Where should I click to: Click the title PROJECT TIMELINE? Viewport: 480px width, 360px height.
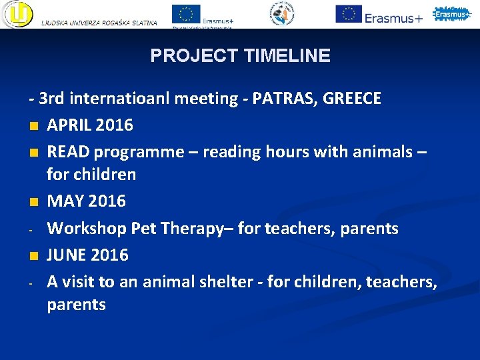tap(240, 55)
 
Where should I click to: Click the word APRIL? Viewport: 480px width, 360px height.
tap(70, 125)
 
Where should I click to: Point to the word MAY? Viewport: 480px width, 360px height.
tap(64, 201)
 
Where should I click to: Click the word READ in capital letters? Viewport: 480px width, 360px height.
tap(69, 151)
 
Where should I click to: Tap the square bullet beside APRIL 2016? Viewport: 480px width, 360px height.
tap(32, 125)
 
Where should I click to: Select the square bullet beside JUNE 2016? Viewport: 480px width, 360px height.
tap(32, 255)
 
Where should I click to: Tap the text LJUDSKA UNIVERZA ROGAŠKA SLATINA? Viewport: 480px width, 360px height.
tap(99, 23)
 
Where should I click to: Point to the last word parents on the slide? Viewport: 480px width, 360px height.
tap(76, 305)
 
